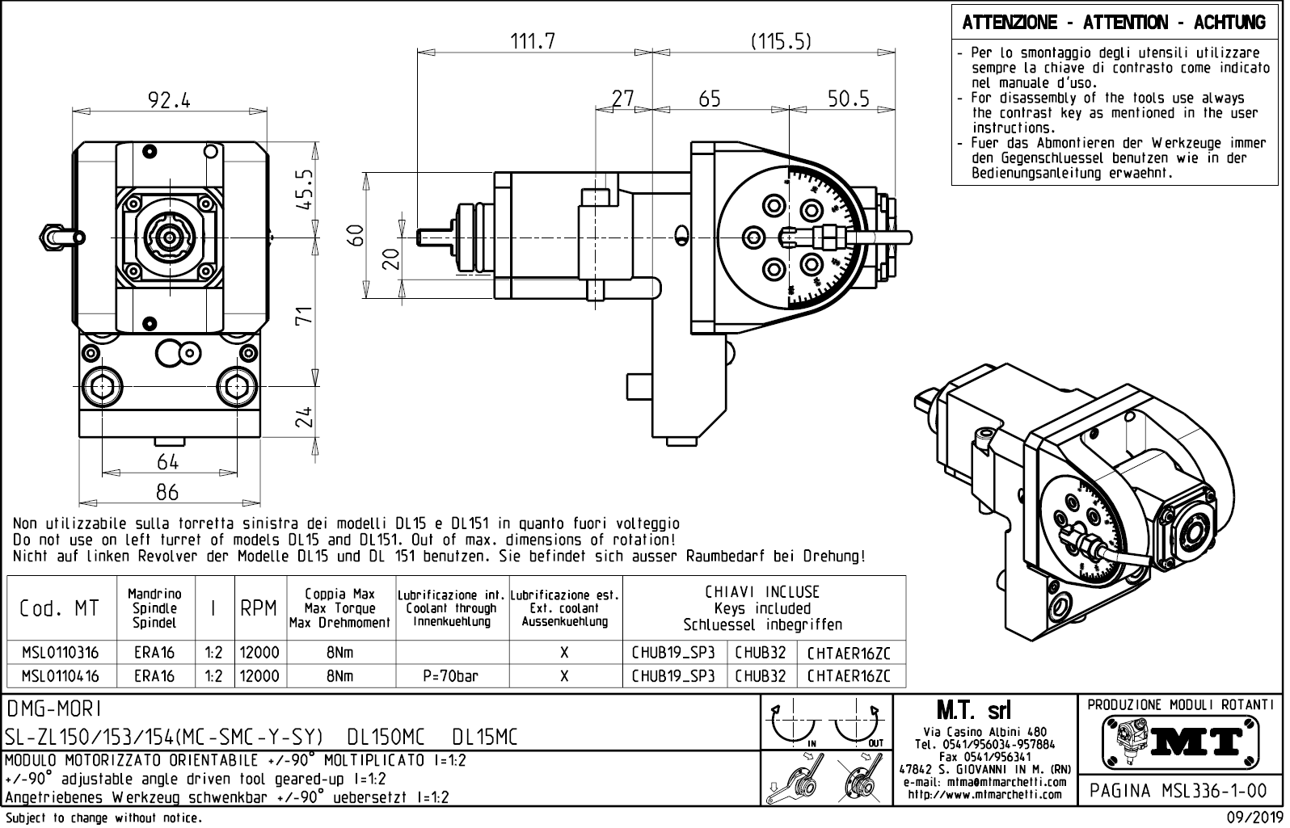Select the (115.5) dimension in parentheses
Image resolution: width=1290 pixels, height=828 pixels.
point(780,42)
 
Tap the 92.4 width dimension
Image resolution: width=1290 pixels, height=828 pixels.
point(169,100)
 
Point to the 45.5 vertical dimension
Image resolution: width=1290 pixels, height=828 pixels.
point(305,189)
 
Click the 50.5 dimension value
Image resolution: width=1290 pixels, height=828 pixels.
point(848,99)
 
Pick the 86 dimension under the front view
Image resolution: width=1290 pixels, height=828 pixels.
point(167,491)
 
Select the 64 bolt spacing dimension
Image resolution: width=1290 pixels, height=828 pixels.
point(167,461)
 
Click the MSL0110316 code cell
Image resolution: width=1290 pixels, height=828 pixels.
point(61,653)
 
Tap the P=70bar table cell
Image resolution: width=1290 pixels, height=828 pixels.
point(451,676)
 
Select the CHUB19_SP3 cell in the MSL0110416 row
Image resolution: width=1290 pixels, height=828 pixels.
point(673,676)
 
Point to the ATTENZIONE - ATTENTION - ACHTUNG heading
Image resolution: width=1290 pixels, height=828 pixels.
point(1114,23)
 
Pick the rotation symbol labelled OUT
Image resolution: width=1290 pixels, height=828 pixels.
point(859,727)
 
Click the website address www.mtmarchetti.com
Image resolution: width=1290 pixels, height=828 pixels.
point(984,794)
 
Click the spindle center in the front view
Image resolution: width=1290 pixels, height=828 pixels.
point(169,236)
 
